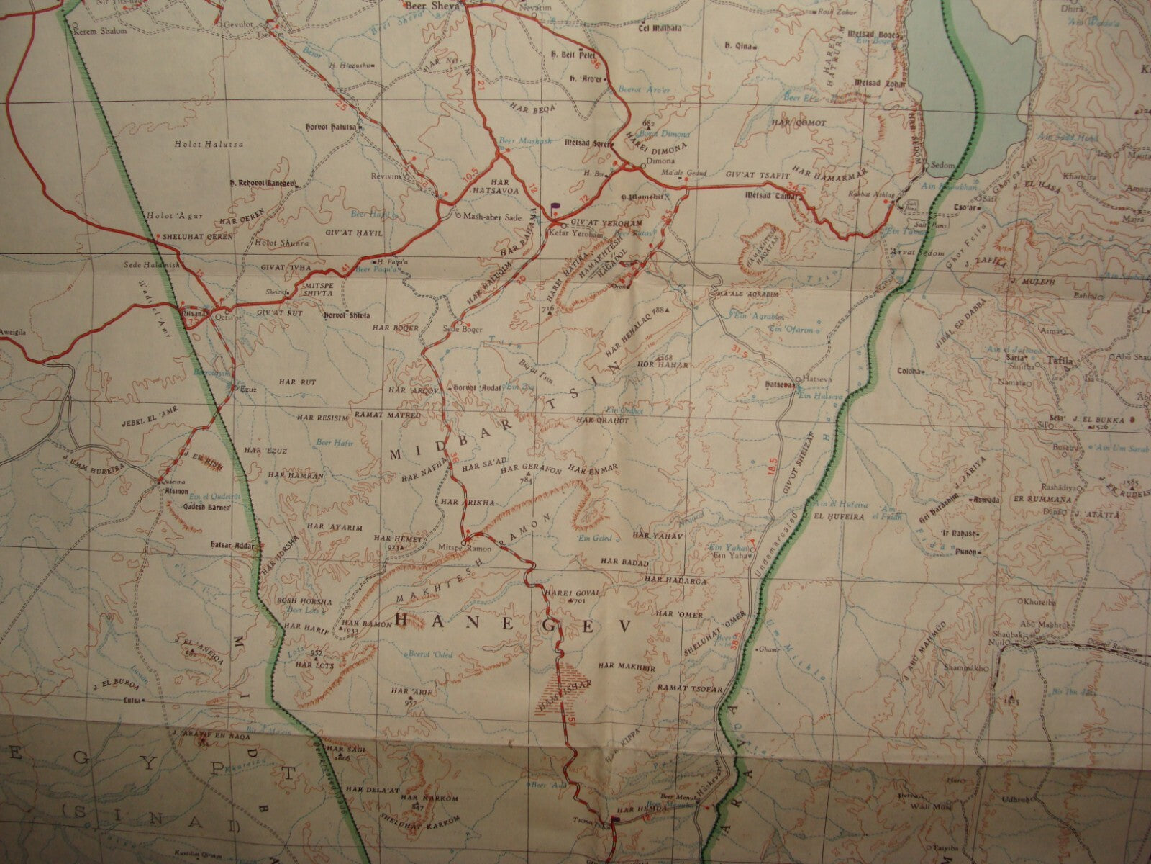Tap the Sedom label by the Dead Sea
click(x=942, y=165)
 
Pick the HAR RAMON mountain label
click(x=362, y=623)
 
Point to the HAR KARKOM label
click(x=420, y=798)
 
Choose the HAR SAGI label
click(x=341, y=750)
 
